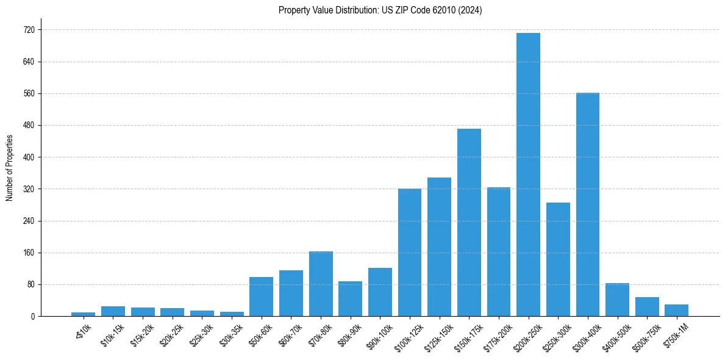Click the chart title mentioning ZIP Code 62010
(x=380, y=10)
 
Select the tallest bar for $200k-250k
(x=528, y=175)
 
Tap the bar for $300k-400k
(x=588, y=204)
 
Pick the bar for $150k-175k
(x=469, y=222)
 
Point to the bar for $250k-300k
(x=558, y=259)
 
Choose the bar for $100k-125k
(x=410, y=253)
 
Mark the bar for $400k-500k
(x=617, y=300)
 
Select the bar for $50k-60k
(x=261, y=297)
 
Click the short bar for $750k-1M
(x=676, y=311)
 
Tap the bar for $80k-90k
(x=350, y=299)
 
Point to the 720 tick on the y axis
(x=29, y=30)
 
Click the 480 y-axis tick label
(x=29, y=126)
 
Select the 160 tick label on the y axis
(x=29, y=253)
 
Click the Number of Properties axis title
(x=10, y=168)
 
